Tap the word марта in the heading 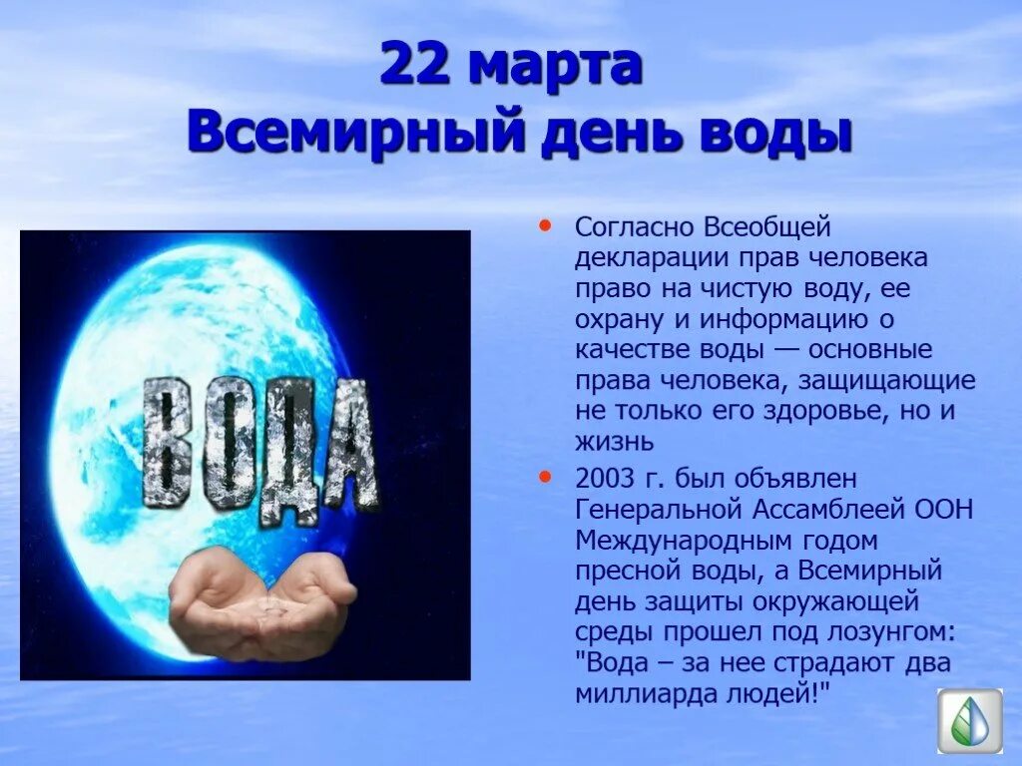555,67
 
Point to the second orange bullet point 544,477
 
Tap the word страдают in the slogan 815,663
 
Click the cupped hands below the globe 261,605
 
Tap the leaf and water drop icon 969,720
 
